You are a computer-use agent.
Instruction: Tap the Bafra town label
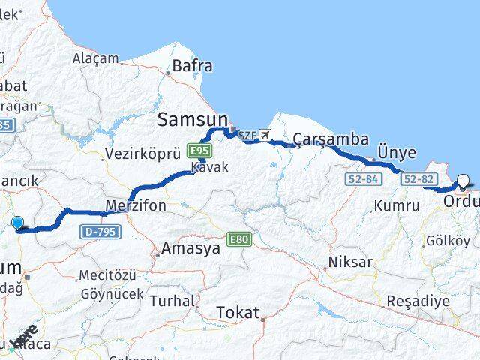pyautogui.click(x=192, y=66)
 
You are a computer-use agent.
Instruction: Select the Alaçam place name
pyautogui.click(x=95, y=58)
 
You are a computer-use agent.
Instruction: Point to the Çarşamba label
pyautogui.click(x=331, y=139)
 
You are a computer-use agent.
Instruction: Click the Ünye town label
pyautogui.click(x=397, y=153)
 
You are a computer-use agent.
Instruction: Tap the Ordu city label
pyautogui.click(x=460, y=202)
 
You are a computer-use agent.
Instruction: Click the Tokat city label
pyautogui.click(x=238, y=312)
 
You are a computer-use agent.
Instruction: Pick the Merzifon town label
pyautogui.click(x=136, y=205)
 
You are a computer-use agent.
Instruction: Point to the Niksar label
pyautogui.click(x=350, y=262)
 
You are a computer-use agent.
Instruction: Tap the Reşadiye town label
pyautogui.click(x=418, y=301)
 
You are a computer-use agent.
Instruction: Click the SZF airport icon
pyautogui.click(x=265, y=136)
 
